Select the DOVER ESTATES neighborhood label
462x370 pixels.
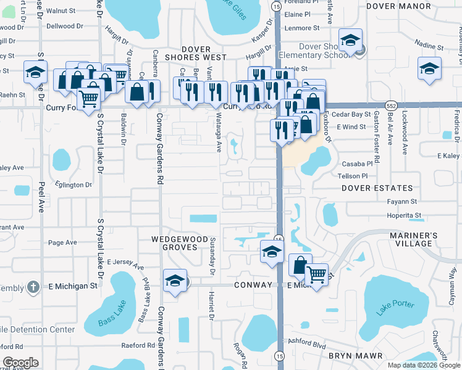pos(376,188)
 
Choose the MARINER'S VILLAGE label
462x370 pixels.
pos(414,239)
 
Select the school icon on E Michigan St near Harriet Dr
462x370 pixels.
pos(175,281)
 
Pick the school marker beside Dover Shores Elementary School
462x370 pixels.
pos(350,42)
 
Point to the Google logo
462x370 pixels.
pos(20,363)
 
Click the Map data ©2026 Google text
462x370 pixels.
pos(424,364)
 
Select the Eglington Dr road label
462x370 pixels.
pos(73,184)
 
